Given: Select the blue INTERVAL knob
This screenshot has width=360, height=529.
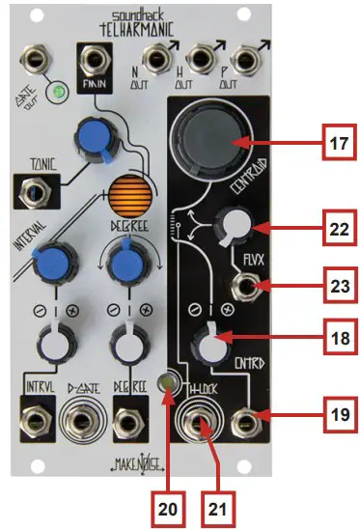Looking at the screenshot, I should click(47, 260).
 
